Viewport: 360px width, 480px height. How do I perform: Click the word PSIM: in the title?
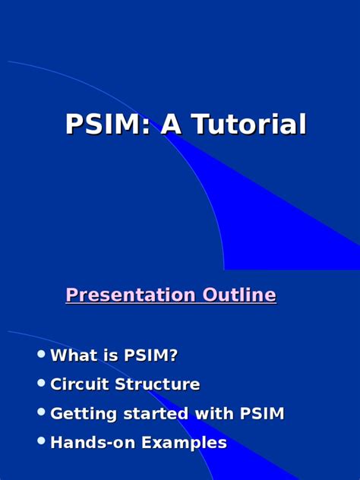107,124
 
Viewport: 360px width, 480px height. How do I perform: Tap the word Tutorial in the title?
248,124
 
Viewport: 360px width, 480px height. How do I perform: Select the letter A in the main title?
171,124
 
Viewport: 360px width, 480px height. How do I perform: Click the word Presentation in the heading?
131,295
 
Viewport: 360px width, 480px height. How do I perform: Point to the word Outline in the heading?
239,294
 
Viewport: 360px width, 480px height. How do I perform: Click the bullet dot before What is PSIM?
41,354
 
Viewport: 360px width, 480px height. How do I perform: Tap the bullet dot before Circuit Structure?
41,383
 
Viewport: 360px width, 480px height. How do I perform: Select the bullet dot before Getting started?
41,412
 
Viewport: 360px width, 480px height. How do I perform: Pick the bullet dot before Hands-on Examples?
41,441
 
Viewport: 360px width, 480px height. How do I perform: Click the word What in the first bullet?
74,355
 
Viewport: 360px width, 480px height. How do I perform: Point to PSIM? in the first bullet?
150,355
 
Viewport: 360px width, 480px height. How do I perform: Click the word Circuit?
80,384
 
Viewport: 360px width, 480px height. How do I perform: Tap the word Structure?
157,384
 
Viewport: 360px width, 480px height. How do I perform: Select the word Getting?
84,414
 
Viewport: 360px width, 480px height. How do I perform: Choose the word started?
156,413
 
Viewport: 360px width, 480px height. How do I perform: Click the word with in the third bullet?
214,413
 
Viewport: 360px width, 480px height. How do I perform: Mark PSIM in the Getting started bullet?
262,413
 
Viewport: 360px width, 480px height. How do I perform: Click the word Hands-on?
93,442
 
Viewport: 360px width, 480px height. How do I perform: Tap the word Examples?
184,443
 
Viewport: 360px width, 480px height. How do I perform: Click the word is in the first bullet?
111,355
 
